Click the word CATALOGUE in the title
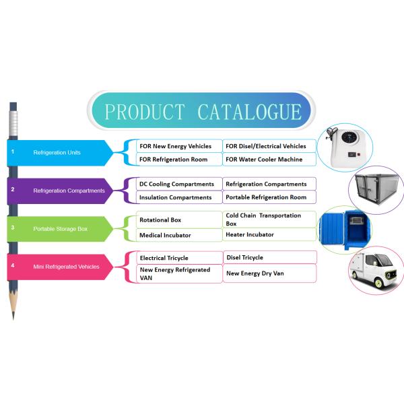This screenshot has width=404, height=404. pos(249,112)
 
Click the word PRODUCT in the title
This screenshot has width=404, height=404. pos(144,112)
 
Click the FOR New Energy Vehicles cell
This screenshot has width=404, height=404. pos(176,146)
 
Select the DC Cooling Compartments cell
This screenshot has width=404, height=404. pos(177,184)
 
